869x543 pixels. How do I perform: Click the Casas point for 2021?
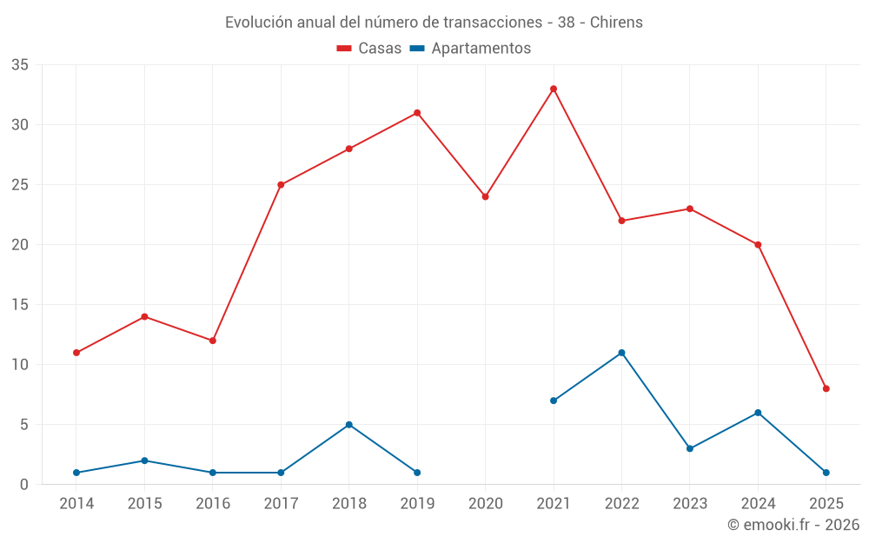(x=554, y=89)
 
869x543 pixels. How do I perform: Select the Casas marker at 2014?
(x=76, y=353)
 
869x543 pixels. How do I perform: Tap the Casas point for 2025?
(x=826, y=388)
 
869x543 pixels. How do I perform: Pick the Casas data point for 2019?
(x=417, y=113)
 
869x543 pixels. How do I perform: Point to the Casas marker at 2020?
(x=486, y=196)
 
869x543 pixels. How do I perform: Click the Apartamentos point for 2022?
(x=621, y=353)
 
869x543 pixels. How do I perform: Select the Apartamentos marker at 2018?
(x=349, y=425)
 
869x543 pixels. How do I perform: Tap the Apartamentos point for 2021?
(x=554, y=401)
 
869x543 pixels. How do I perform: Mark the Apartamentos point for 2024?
(x=758, y=413)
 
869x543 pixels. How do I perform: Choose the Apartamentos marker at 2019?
(x=417, y=473)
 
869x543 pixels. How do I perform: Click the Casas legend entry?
(x=369, y=49)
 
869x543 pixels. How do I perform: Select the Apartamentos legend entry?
(x=470, y=49)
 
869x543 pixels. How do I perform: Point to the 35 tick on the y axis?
(x=20, y=65)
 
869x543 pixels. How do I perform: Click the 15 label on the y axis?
(x=20, y=305)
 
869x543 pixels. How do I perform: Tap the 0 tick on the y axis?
(x=24, y=485)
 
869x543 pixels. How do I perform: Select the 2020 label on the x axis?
(x=486, y=504)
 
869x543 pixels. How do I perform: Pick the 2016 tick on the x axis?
(x=213, y=504)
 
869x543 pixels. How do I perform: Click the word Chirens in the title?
(x=616, y=23)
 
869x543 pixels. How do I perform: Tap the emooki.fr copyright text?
(x=793, y=525)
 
